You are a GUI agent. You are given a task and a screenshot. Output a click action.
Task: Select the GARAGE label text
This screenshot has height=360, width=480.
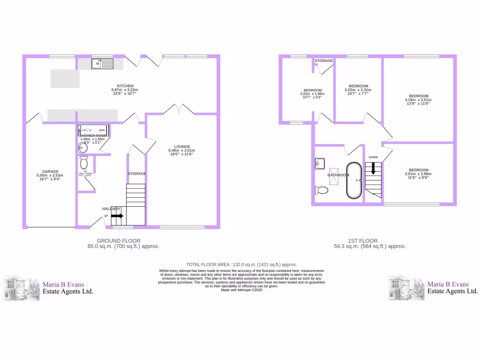coord(50,172)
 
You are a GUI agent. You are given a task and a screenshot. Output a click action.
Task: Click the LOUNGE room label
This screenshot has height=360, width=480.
coord(181,146)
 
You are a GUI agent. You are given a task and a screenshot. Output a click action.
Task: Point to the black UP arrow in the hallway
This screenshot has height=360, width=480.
coord(117,216)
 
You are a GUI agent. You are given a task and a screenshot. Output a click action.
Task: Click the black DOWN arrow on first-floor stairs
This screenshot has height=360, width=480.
coord(373,168)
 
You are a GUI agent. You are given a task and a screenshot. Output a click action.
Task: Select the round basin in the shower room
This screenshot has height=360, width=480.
coord(82,148)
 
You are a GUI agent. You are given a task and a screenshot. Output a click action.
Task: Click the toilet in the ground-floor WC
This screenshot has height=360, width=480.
coord(84,163)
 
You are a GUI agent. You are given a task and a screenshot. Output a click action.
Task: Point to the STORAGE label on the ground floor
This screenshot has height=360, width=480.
coord(137,174)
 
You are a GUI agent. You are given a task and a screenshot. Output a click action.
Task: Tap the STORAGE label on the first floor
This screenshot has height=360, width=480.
coord(323,61)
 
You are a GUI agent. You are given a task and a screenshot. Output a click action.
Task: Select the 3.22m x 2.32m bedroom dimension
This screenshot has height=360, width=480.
coord(358,90)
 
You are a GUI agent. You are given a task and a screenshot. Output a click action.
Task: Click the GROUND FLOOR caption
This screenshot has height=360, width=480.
coord(122,240)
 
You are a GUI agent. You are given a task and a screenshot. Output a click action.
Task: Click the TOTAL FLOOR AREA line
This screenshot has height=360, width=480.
coord(241,264)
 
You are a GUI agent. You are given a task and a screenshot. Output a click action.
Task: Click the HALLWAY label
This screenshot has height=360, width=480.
coord(112,209)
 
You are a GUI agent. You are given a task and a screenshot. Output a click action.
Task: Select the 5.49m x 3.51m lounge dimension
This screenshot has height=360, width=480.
coord(181,150)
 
